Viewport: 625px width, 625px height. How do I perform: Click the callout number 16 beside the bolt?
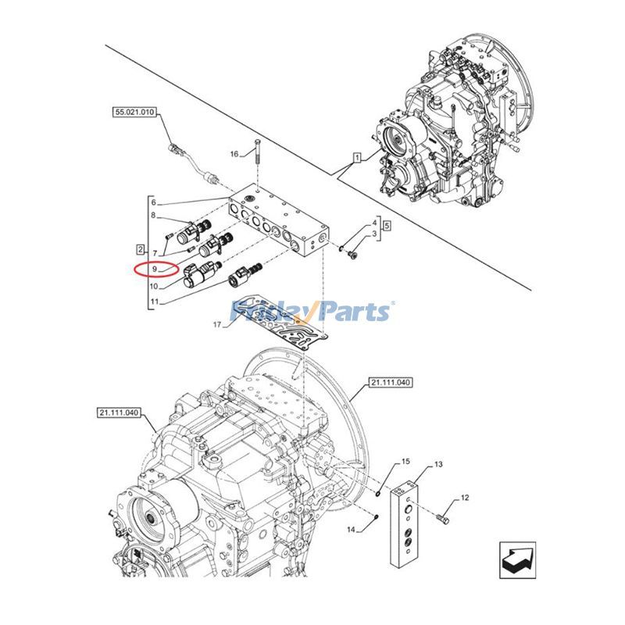click(234, 154)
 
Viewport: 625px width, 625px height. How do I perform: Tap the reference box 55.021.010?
click(134, 112)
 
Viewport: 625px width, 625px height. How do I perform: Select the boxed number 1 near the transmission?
click(357, 158)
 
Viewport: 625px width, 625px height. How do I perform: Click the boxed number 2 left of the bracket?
click(140, 250)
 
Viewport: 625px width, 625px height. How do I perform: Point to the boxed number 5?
click(387, 226)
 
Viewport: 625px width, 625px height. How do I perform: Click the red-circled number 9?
click(155, 270)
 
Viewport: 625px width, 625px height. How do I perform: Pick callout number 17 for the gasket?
click(217, 324)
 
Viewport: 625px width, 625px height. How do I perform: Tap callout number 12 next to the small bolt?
click(465, 498)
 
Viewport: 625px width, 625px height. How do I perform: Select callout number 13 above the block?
click(438, 464)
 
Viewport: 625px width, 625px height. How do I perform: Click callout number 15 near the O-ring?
click(405, 462)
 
